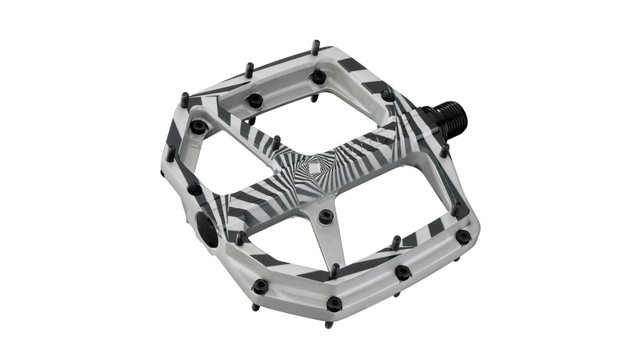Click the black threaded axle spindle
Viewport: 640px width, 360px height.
pyautogui.click(x=449, y=119)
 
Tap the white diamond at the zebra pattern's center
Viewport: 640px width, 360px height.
pyautogui.click(x=313, y=169)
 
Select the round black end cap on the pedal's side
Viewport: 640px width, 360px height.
pyautogui.click(x=207, y=230)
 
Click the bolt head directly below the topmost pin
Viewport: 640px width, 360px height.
pyautogui.click(x=319, y=77)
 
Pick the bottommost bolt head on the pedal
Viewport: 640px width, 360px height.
pyautogui.click(x=335, y=303)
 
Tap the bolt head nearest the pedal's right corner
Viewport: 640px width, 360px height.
pyautogui.click(x=463, y=236)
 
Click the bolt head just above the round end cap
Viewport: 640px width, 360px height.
pyautogui.click(x=194, y=188)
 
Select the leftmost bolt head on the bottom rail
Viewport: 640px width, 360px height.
pyautogui.click(x=260, y=286)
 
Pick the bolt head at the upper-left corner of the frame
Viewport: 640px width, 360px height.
pyautogui.click(x=197, y=126)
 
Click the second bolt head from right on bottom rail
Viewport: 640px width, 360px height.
pyautogui.click(x=402, y=272)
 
